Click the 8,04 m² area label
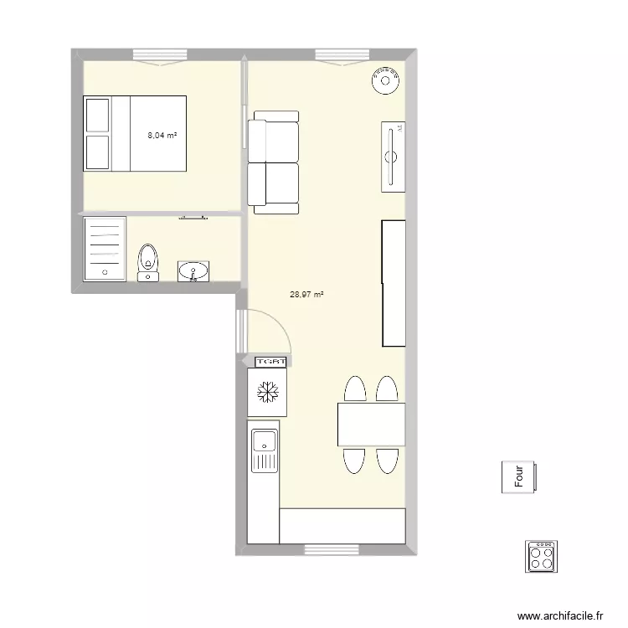[162, 135]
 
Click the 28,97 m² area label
[306, 295]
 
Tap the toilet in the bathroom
[148, 261]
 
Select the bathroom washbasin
[194, 270]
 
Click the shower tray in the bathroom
[105, 248]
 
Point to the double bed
[135, 133]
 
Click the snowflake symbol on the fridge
[268, 392]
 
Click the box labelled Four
[520, 477]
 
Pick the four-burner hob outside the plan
[541, 556]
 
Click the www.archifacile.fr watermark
[561, 615]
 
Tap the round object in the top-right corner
[386, 81]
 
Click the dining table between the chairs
[371, 425]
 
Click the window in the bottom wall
[326, 549]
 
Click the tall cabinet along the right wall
[394, 283]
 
